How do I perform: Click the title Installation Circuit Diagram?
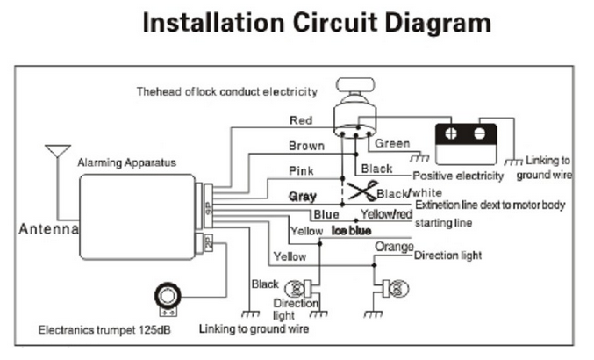(316, 23)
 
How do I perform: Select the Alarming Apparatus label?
(126, 162)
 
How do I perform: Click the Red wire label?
(300, 119)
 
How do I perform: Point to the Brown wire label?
(305, 146)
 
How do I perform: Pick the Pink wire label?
(302, 170)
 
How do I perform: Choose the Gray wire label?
(302, 196)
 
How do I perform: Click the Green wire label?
(391, 143)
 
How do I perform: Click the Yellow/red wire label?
(386, 213)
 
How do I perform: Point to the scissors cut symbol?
(358, 192)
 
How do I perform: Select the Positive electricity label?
(457, 176)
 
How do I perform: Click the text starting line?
(443, 223)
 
